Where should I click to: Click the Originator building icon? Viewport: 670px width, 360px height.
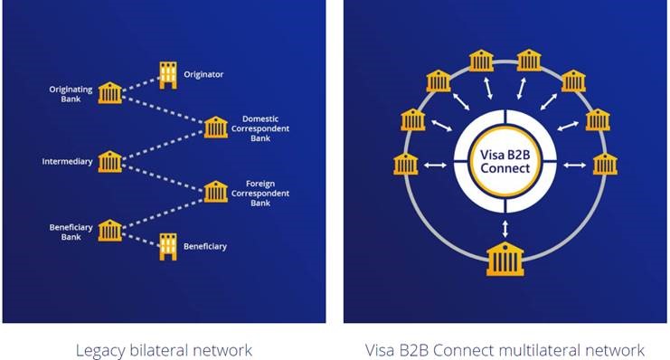tap(167, 75)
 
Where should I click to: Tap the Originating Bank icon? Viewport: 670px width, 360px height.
tap(110, 92)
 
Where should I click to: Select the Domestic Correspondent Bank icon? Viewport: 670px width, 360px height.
tap(215, 127)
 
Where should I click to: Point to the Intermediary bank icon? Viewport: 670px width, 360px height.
tap(110, 162)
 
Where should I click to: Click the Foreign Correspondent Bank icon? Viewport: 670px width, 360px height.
tap(215, 192)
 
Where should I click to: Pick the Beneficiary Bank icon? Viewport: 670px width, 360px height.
tap(110, 229)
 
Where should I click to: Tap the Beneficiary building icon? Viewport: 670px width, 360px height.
tap(167, 245)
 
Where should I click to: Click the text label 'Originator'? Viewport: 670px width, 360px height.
tap(203, 73)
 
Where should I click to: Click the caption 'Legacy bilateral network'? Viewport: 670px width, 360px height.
tap(164, 349)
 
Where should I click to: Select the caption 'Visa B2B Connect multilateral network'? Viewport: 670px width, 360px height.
tap(505, 349)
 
